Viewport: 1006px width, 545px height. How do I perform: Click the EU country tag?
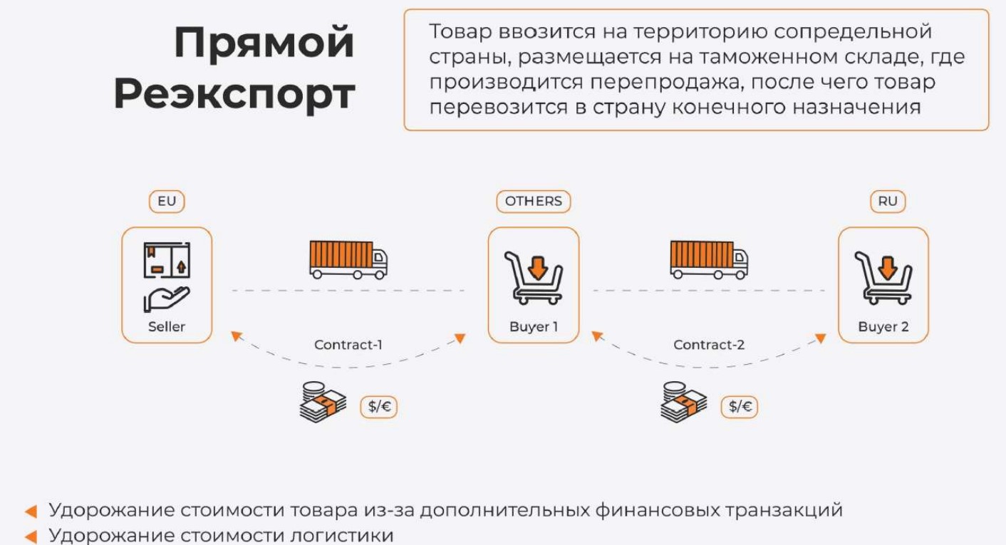click(167, 202)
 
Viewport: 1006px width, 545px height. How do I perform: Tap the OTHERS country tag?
click(533, 202)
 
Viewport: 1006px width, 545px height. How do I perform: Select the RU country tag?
click(887, 202)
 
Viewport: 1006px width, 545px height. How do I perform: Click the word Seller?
click(167, 327)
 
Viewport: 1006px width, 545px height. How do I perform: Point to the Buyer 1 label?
click(534, 327)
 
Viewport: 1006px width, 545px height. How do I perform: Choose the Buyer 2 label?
click(883, 327)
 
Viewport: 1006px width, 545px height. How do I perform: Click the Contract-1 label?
click(348, 345)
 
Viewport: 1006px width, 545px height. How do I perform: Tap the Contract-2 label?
click(709, 345)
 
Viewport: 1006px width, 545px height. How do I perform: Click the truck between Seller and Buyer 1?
click(348, 259)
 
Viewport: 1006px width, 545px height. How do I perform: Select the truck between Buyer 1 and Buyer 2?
click(708, 259)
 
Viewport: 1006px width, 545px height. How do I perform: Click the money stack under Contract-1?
click(323, 403)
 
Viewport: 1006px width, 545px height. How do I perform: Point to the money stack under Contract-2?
click(683, 403)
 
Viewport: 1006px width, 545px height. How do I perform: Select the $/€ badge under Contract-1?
click(378, 407)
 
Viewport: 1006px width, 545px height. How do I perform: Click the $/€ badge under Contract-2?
click(740, 407)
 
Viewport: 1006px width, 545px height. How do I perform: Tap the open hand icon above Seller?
click(167, 299)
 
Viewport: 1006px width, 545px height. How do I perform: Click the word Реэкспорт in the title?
click(234, 94)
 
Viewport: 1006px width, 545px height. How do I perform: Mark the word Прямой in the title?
click(264, 43)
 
